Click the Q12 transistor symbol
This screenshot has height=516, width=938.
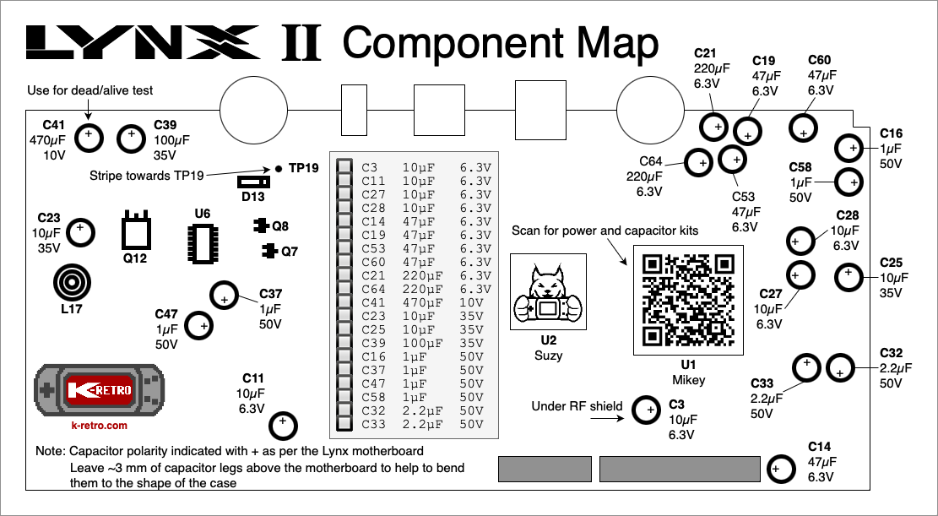point(136,231)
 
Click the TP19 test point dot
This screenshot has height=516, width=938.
point(278,168)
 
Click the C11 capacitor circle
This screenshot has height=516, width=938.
point(284,421)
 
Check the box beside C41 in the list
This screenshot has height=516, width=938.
point(344,302)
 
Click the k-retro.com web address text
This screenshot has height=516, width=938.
point(99,426)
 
